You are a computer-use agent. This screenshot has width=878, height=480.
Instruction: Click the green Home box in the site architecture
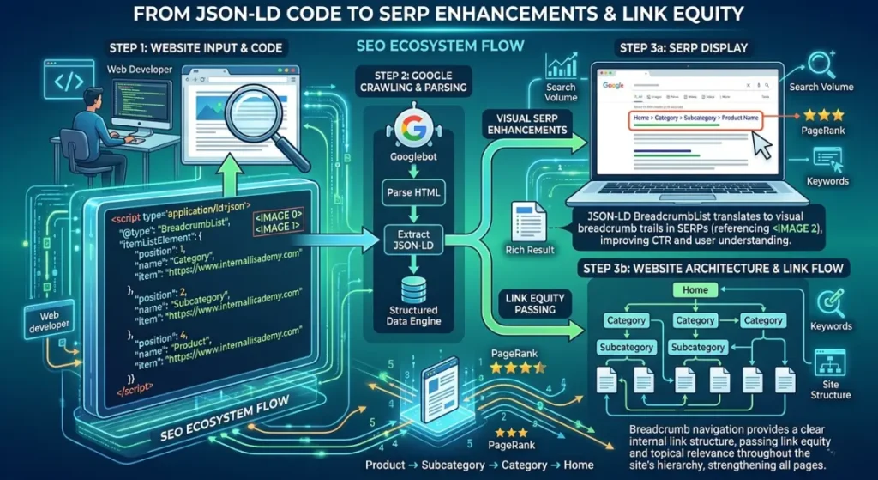695,290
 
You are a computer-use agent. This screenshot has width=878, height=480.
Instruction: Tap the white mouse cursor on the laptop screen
761,146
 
